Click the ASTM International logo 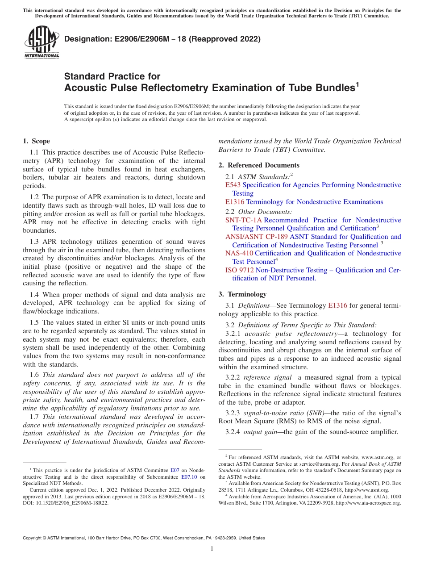point(42,43)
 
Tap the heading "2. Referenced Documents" point(259,165)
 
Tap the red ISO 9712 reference point(239,270)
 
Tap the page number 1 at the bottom point(212,549)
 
